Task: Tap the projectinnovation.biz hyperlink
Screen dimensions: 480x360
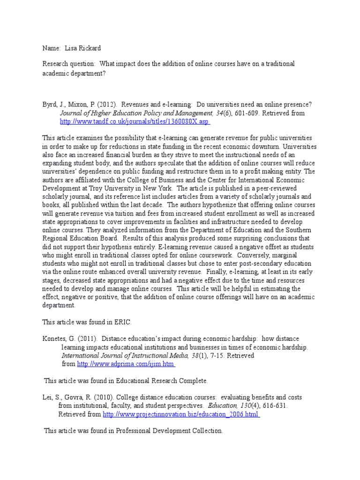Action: (x=181, y=414)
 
